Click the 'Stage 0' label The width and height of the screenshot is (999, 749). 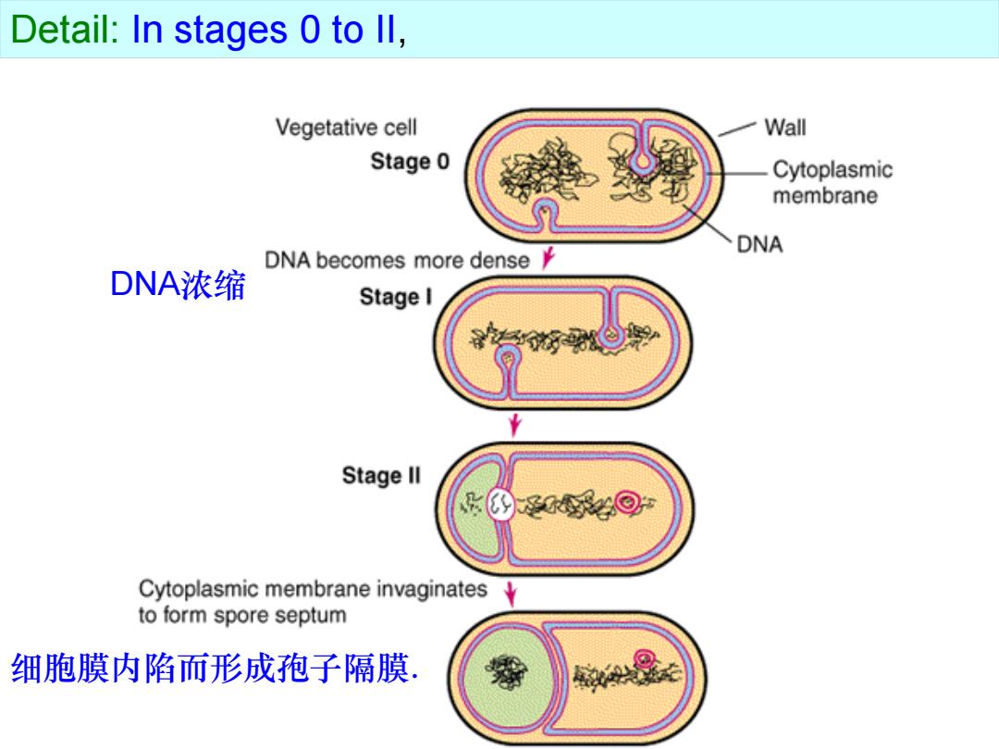[x=410, y=161]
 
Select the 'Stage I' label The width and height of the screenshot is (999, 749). [x=396, y=297]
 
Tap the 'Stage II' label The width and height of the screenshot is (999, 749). [x=381, y=475]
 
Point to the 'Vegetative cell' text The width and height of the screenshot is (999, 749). [x=346, y=128]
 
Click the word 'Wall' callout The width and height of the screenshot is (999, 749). [x=785, y=128]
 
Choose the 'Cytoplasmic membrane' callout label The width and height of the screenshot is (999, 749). [x=832, y=182]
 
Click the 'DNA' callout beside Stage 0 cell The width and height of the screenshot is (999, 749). [x=759, y=244]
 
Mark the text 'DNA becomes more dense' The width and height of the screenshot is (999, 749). [x=397, y=261]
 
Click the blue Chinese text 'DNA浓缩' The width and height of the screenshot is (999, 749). [x=178, y=284]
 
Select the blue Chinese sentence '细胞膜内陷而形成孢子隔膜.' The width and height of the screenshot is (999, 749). [x=215, y=669]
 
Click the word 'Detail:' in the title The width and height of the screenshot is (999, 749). [x=65, y=30]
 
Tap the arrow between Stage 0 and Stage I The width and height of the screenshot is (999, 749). [x=548, y=257]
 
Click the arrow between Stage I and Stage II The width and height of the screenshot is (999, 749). [x=515, y=424]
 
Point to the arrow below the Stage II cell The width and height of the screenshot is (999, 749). [x=510, y=594]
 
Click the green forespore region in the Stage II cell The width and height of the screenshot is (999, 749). [x=475, y=510]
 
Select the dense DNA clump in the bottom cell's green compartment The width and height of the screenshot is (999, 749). [x=506, y=671]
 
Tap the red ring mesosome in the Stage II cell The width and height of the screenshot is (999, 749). [x=627, y=502]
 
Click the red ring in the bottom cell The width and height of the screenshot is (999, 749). [x=645, y=658]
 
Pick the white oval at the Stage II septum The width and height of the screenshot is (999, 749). [x=500, y=505]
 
